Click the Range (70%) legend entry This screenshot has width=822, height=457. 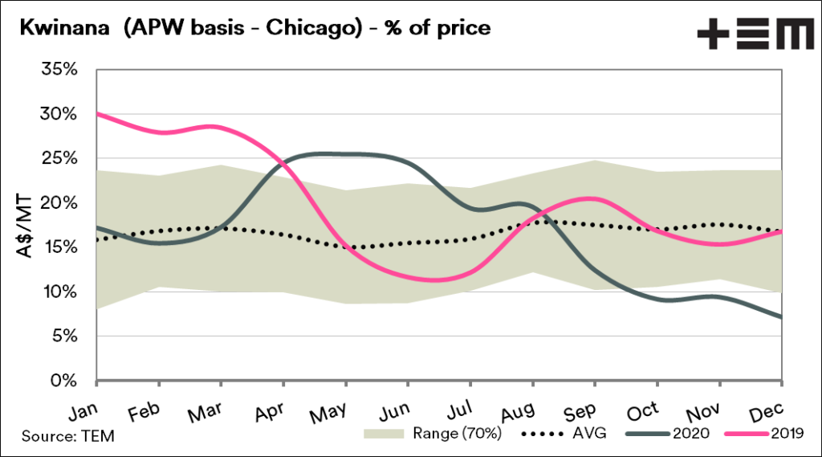pyautogui.click(x=457, y=435)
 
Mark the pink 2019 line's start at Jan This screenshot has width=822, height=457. pyautogui.click(x=96, y=113)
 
